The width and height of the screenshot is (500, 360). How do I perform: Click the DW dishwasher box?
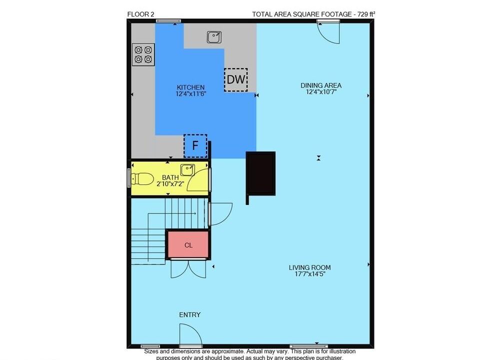pyautogui.click(x=236, y=79)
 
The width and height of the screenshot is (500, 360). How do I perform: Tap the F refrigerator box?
pyautogui.click(x=195, y=145)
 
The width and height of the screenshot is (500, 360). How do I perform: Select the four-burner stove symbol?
pyautogui.click(x=143, y=54)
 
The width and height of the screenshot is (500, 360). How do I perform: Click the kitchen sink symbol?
pyautogui.click(x=214, y=37)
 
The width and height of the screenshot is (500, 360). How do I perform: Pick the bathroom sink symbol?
pyautogui.click(x=187, y=170)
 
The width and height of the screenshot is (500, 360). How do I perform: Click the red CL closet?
pyautogui.click(x=188, y=244)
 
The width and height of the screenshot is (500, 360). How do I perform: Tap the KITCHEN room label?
pyautogui.click(x=190, y=87)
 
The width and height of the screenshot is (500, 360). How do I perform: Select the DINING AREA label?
pyautogui.click(x=321, y=85)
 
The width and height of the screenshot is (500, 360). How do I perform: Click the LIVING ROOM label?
pyautogui.click(x=309, y=267)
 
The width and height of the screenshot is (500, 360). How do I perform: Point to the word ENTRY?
pyautogui.click(x=189, y=314)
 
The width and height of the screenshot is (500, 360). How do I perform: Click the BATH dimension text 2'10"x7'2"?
pyautogui.click(x=170, y=183)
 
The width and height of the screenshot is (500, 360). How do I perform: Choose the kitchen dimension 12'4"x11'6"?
pyautogui.click(x=190, y=93)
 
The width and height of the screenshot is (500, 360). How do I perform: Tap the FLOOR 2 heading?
pyautogui.click(x=140, y=14)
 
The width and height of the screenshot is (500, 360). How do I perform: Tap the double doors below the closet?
pyautogui.click(x=188, y=269)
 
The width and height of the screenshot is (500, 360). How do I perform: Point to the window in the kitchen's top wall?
pyautogui.click(x=168, y=21)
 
